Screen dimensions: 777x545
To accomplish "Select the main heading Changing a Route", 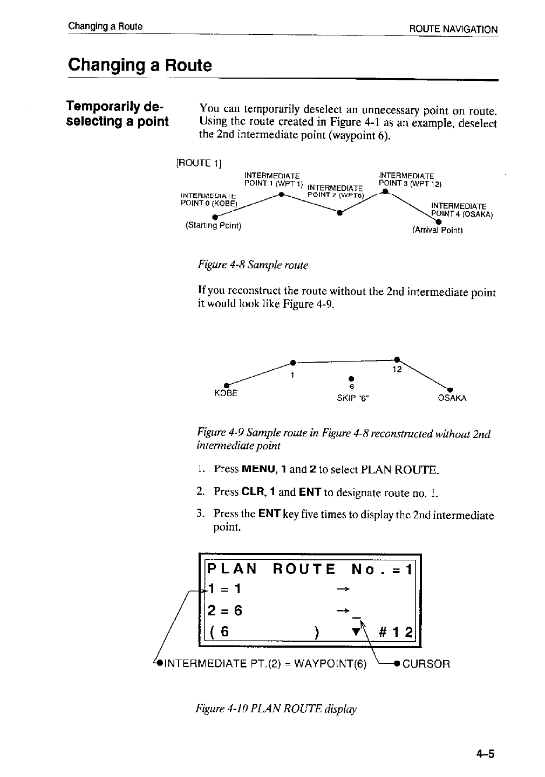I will pos(140,66).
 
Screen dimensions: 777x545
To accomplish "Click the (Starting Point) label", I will pos(213,225).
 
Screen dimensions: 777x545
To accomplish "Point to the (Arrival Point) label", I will pos(437,230).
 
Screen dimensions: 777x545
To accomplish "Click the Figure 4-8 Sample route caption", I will pos(253,265).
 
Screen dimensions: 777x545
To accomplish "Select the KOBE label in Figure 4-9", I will pos(226,393).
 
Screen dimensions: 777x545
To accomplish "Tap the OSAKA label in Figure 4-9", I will pos(452,398).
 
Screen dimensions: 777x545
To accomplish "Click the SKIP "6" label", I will pos(353,398).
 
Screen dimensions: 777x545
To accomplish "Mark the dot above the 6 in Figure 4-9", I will pos(351,377).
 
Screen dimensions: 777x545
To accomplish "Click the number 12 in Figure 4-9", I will pos(396,370).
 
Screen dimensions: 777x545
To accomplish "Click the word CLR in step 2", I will pos(253,491).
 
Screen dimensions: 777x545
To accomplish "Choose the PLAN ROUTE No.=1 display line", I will pos(310,569).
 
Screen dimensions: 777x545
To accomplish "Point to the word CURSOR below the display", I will pos(426,663).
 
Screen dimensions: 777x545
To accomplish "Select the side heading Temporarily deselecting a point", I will pos(117,113).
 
